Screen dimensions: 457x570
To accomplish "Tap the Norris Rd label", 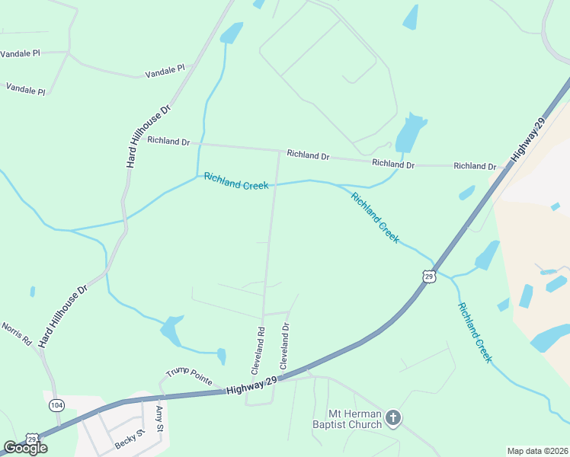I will [15, 334].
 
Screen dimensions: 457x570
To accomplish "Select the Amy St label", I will [160, 419].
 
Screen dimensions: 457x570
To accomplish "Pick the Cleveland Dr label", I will [285, 347].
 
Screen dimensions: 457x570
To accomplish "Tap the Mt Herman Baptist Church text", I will [346, 417].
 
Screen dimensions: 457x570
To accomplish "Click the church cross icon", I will [392, 417].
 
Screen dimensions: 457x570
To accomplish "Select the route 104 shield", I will [56, 405].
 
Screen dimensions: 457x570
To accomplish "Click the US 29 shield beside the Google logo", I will [32, 439].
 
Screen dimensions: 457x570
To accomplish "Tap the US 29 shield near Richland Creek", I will [430, 276].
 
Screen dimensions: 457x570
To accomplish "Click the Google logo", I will [25, 448].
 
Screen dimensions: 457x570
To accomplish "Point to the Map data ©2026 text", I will [538, 451].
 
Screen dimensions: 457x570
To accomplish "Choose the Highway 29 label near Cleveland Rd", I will [251, 388].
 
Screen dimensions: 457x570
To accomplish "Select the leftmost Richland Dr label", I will [168, 141].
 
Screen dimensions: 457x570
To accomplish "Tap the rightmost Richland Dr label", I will [475, 166].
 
